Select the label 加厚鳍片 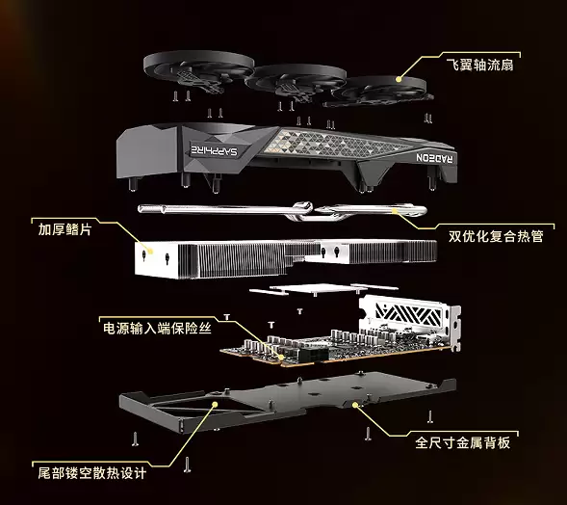70,229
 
